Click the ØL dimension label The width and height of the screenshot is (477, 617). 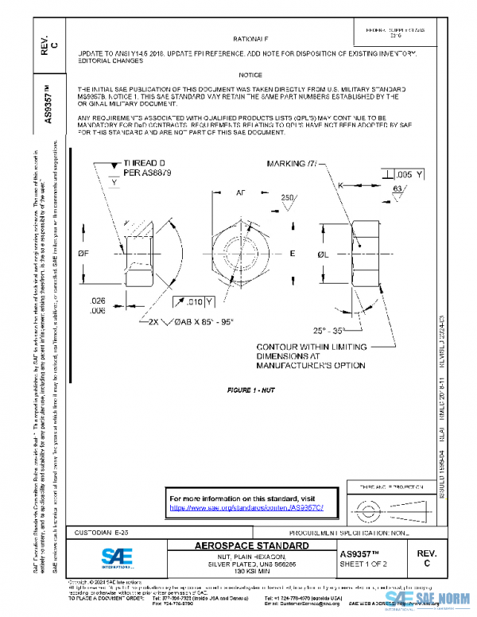pos(324,254)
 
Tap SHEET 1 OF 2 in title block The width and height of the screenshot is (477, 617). pos(363,563)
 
